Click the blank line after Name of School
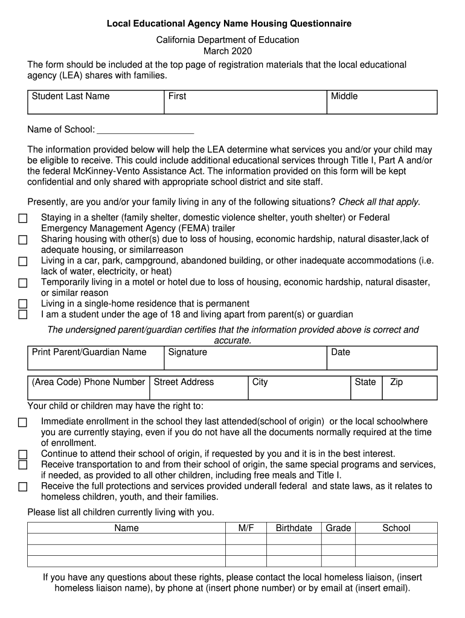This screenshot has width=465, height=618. click(145, 130)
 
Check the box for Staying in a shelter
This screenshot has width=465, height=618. click(23, 218)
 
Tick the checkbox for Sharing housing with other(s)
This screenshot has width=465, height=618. click(23, 240)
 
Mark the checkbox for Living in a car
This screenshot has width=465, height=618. click(23, 261)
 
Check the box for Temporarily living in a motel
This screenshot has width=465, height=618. click(23, 283)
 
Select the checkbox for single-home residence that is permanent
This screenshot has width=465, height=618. click(23, 304)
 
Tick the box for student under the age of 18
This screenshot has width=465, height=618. click(23, 314)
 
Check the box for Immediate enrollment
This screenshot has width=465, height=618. click(23, 422)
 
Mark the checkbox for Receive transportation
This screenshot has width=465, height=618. click(23, 465)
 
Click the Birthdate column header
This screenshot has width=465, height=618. click(294, 528)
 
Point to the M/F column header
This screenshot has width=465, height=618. click(246, 528)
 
